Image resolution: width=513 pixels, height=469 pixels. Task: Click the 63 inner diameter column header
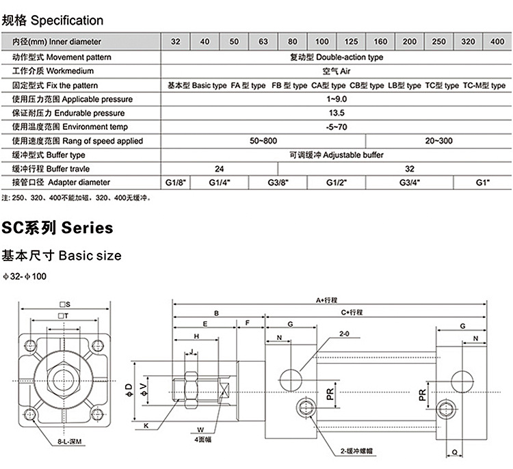263,42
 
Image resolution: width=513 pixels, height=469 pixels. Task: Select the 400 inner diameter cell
497,42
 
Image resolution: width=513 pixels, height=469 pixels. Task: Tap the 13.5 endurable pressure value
336,113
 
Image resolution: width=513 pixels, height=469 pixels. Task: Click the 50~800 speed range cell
263,141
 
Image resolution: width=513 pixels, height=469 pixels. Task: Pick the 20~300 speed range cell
438,141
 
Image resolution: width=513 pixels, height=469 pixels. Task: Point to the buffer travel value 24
220,169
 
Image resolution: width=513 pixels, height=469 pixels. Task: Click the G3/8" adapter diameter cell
278,183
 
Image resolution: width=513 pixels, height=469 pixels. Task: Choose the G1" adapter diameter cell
483,183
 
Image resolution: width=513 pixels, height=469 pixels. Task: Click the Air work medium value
336,71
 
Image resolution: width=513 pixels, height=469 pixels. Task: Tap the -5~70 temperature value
336,127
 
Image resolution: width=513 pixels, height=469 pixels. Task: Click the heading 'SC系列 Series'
58,227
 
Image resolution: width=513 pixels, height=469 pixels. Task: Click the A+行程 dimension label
330,300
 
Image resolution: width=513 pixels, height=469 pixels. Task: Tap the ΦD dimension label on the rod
129,390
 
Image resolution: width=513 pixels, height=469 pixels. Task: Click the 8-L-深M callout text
69,442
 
